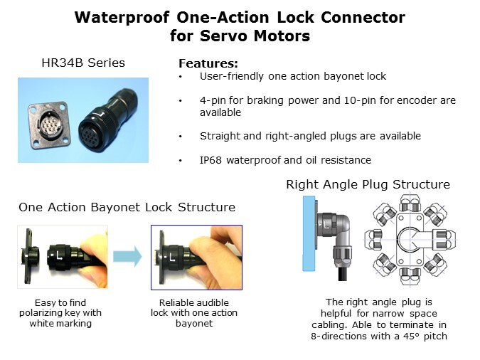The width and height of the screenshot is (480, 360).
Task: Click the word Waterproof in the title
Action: [122, 18]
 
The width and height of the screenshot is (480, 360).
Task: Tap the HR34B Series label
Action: [83, 63]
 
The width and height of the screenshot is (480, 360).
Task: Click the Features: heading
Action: [208, 63]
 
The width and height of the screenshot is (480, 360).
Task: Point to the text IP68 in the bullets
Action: [210, 160]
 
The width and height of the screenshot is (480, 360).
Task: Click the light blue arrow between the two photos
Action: [127, 256]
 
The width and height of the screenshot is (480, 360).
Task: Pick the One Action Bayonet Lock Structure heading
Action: [127, 207]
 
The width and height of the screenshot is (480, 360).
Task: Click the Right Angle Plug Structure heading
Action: [368, 184]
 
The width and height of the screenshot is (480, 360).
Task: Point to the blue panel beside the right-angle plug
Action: [309, 233]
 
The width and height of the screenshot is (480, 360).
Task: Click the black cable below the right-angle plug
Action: [342, 272]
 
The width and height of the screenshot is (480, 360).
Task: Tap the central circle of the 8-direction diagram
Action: [410, 240]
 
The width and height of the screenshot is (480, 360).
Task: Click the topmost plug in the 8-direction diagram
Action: [410, 203]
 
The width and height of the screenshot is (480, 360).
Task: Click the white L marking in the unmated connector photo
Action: [60, 255]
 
